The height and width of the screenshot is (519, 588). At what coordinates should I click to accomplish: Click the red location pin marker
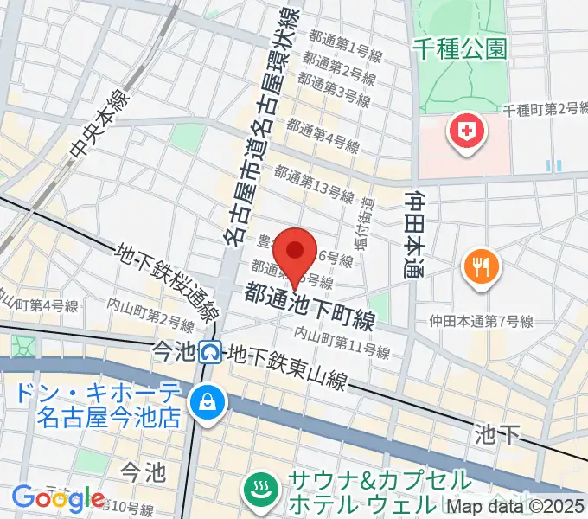click(296, 252)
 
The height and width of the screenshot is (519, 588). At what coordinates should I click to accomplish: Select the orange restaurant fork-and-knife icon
click(479, 264)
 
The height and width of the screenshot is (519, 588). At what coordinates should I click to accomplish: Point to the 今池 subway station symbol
click(209, 352)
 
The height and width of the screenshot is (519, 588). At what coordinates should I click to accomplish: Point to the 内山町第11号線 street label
click(342, 342)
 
